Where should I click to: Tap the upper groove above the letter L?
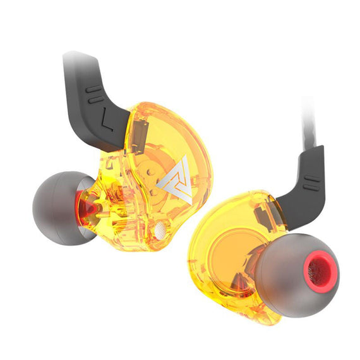click(93, 89)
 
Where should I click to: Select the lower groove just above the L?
click(96, 100)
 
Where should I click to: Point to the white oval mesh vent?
click(160, 230)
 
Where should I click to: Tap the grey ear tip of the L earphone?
click(62, 208)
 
